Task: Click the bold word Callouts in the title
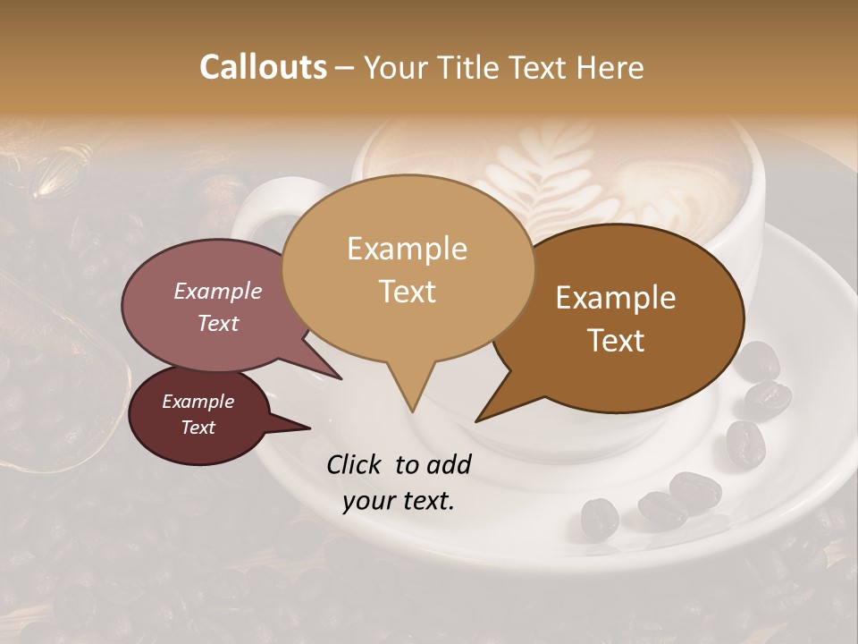263,67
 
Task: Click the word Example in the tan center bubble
407,249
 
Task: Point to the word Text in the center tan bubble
407,292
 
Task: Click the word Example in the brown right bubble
616,298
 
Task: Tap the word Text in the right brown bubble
616,341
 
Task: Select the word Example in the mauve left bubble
217,292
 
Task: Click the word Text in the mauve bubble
217,324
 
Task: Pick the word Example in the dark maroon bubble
198,402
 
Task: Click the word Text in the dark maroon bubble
198,428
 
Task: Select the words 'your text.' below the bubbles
399,502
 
